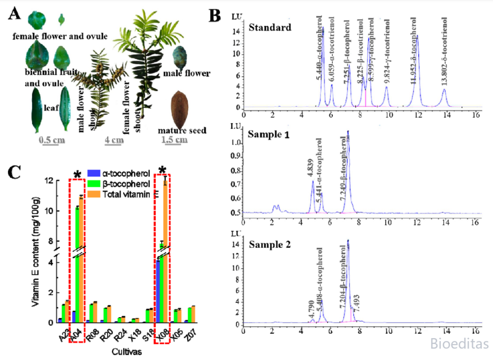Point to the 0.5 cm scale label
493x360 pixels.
tap(52, 140)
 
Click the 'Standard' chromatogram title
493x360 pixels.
tap(270, 27)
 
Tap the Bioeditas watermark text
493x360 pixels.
tap(459, 344)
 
